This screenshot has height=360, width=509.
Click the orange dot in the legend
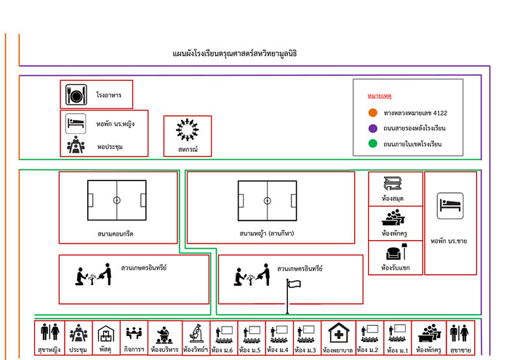click(x=372, y=113)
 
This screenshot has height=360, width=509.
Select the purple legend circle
click(x=372, y=128)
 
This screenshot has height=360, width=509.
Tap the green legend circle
click(x=372, y=143)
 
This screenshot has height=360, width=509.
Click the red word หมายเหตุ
click(x=379, y=96)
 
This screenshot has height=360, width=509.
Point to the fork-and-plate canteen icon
click(x=76, y=95)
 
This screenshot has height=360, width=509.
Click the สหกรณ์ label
click(x=188, y=150)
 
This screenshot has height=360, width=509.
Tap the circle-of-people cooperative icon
click(x=188, y=130)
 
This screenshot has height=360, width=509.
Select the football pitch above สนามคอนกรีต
click(x=117, y=200)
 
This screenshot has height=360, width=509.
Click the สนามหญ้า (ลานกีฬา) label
click(x=267, y=233)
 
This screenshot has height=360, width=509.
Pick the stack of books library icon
click(x=393, y=184)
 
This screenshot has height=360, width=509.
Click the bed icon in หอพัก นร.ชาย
click(x=450, y=206)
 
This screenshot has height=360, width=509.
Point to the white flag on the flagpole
click(x=294, y=284)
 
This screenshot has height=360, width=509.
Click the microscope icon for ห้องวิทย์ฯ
click(x=196, y=333)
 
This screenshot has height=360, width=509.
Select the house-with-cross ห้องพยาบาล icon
click(x=339, y=333)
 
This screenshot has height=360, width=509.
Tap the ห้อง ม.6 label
click(x=222, y=351)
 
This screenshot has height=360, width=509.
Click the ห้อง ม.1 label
click(x=397, y=351)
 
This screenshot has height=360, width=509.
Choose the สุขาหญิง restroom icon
click(x=50, y=332)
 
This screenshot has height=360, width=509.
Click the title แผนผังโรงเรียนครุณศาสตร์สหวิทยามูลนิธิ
click(x=235, y=54)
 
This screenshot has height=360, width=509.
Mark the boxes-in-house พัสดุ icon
click(x=106, y=334)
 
